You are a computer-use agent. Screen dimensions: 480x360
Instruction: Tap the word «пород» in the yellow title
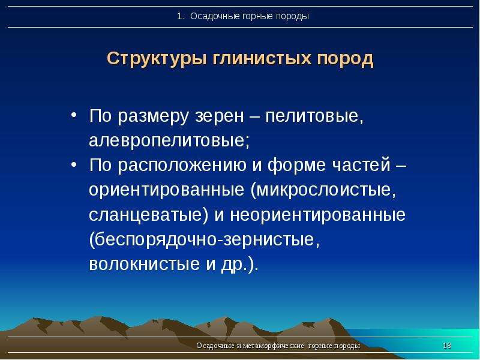click(x=346, y=58)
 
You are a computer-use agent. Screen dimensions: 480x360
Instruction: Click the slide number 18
click(x=447, y=346)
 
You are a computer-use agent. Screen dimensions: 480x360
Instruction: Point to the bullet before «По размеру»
click(x=74, y=116)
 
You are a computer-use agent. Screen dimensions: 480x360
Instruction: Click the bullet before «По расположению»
click(x=74, y=165)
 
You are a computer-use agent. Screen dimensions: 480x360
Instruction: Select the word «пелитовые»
click(x=314, y=116)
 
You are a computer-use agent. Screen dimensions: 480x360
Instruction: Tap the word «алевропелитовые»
click(x=169, y=141)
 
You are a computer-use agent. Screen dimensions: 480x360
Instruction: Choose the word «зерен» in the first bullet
click(x=220, y=117)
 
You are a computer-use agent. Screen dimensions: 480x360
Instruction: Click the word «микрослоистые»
click(x=323, y=190)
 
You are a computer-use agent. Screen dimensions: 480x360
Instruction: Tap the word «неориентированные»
click(x=318, y=215)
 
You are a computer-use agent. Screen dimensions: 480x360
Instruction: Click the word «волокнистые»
click(x=144, y=264)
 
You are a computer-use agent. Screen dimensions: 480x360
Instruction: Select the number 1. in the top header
click(x=181, y=16)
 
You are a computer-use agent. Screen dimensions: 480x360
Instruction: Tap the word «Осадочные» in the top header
click(x=215, y=17)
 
